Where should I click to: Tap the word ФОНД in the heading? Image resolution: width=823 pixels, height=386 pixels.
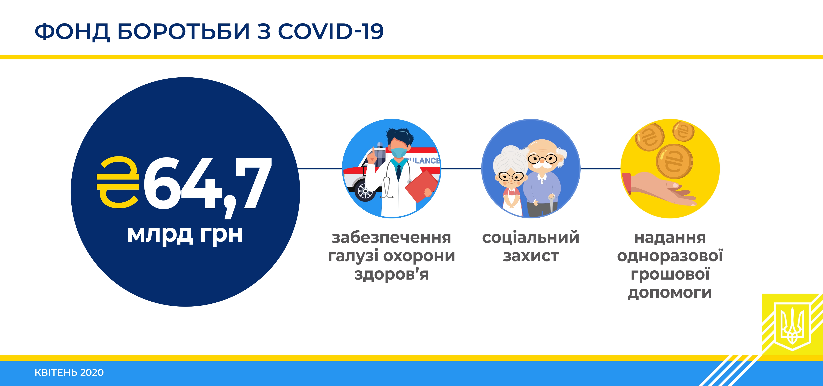tap(72, 32)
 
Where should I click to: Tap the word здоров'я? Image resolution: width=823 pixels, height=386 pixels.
tap(391, 274)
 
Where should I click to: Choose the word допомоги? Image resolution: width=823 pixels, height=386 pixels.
tap(670, 293)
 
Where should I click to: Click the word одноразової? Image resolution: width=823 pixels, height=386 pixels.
tap(670, 256)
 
